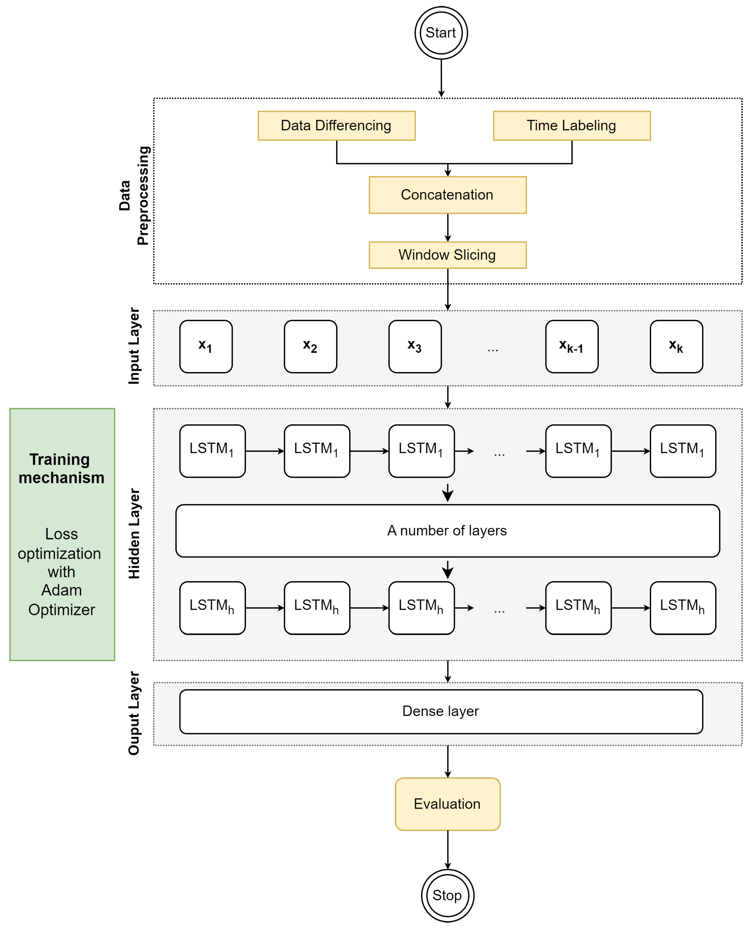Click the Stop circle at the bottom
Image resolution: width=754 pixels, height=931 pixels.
click(x=447, y=895)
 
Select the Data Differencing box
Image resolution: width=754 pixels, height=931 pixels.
click(x=336, y=126)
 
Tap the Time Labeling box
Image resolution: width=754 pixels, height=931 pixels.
click(x=572, y=126)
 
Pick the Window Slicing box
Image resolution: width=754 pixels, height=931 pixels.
click(x=447, y=255)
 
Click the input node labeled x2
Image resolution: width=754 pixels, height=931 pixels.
click(x=310, y=347)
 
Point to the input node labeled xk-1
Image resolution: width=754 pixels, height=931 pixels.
click(x=572, y=347)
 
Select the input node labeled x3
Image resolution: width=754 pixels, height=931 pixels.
click(x=415, y=347)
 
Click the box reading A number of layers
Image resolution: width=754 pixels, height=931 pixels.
click(x=447, y=531)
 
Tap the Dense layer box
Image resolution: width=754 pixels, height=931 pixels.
click(x=441, y=711)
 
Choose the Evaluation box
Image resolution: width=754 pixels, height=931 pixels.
click(x=447, y=804)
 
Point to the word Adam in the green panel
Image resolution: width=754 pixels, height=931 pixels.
click(x=61, y=590)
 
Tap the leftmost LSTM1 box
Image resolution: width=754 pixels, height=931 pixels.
click(x=212, y=451)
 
